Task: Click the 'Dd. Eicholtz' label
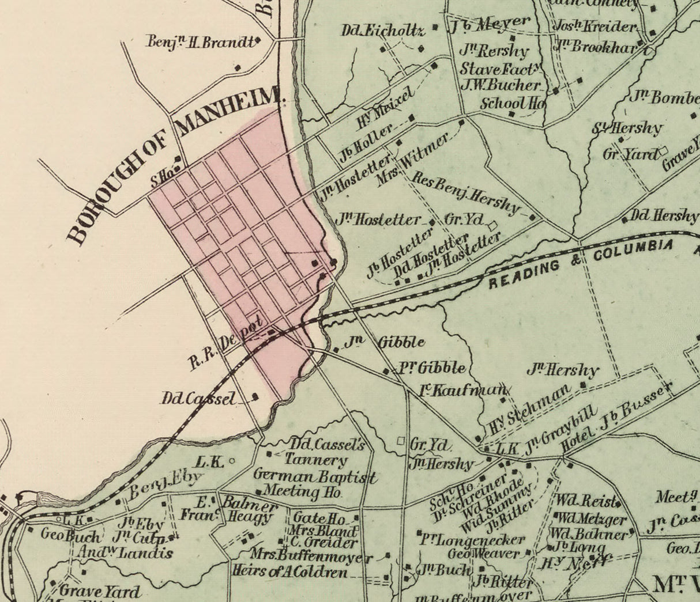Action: (383, 30)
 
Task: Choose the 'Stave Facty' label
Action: (500, 69)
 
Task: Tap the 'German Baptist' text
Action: (315, 476)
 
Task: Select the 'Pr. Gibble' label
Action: (432, 368)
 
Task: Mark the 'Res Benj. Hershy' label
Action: (467, 193)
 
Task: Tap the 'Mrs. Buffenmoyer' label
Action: (311, 556)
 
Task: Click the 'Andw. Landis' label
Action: (127, 553)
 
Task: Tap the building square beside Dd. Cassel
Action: (255, 396)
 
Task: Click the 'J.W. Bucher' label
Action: (502, 85)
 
